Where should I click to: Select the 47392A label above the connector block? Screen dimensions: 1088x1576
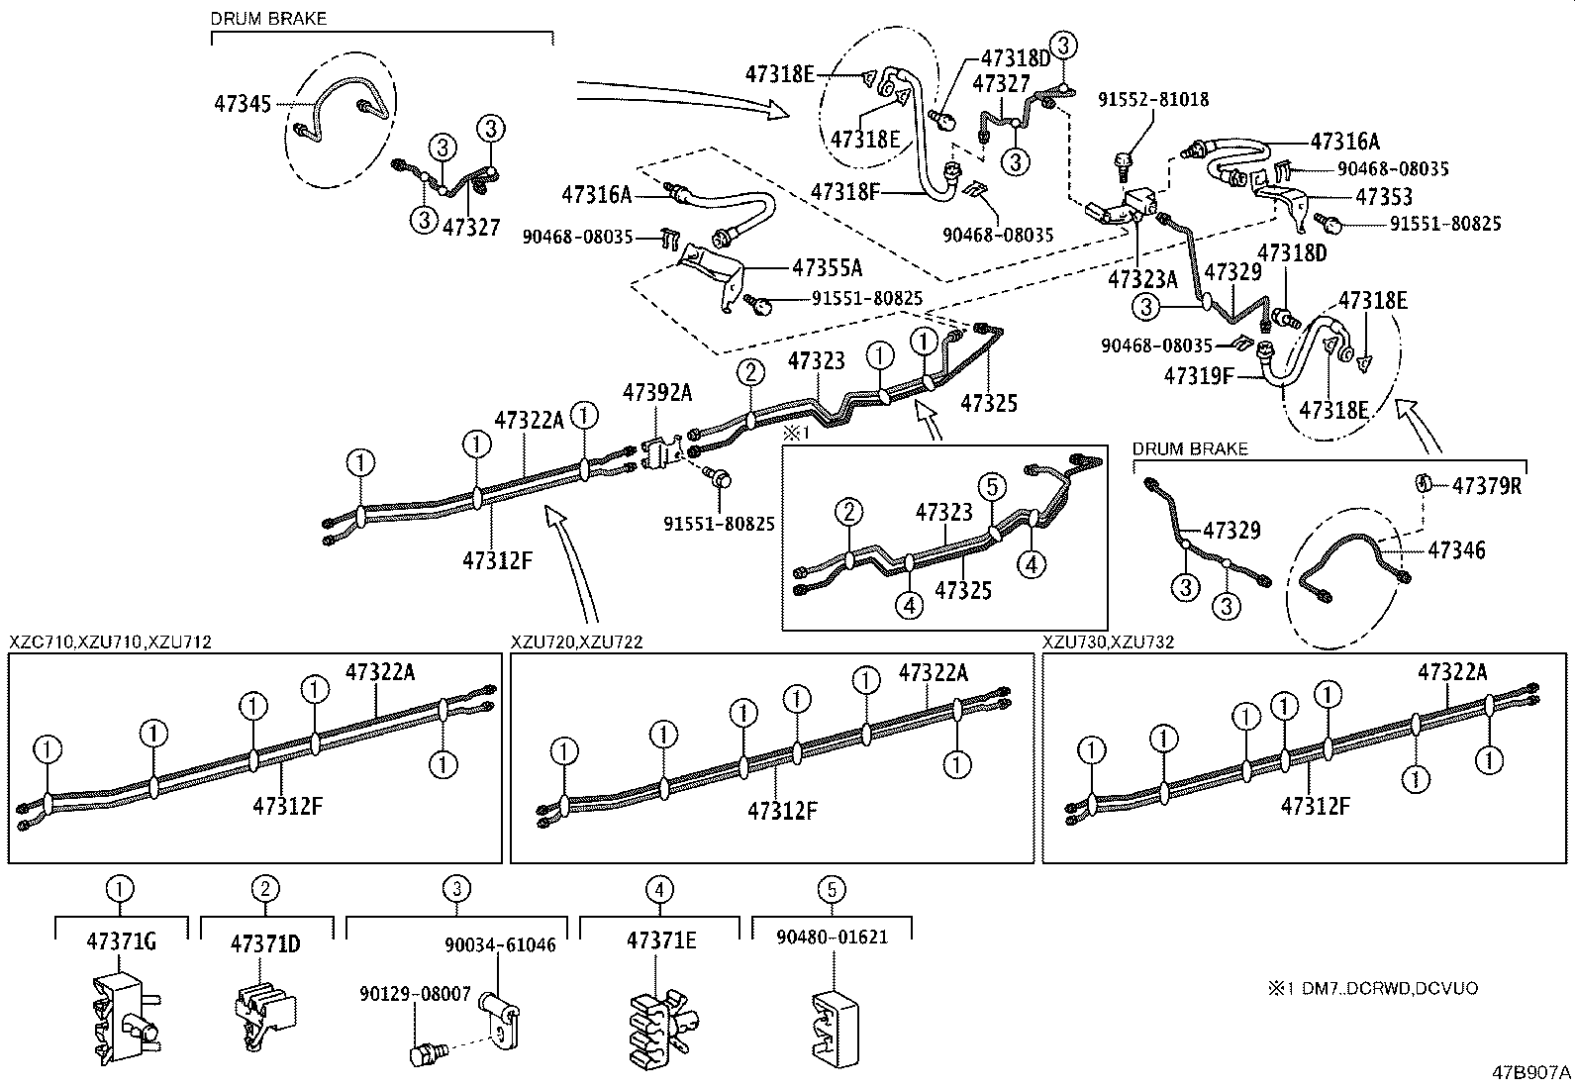[x=656, y=393]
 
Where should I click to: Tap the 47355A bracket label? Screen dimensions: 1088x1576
[x=827, y=267]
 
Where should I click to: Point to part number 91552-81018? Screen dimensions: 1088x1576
[x=1153, y=100]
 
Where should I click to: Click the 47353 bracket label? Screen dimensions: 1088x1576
[x=1384, y=197]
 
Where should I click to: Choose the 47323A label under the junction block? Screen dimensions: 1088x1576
[x=1143, y=278]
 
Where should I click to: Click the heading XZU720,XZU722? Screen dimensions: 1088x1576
[x=577, y=642]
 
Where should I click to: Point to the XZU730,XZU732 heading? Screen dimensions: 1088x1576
[x=1108, y=642]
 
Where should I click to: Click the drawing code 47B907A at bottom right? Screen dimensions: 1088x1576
[x=1531, y=1071]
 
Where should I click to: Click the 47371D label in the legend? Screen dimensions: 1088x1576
[x=265, y=943]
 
